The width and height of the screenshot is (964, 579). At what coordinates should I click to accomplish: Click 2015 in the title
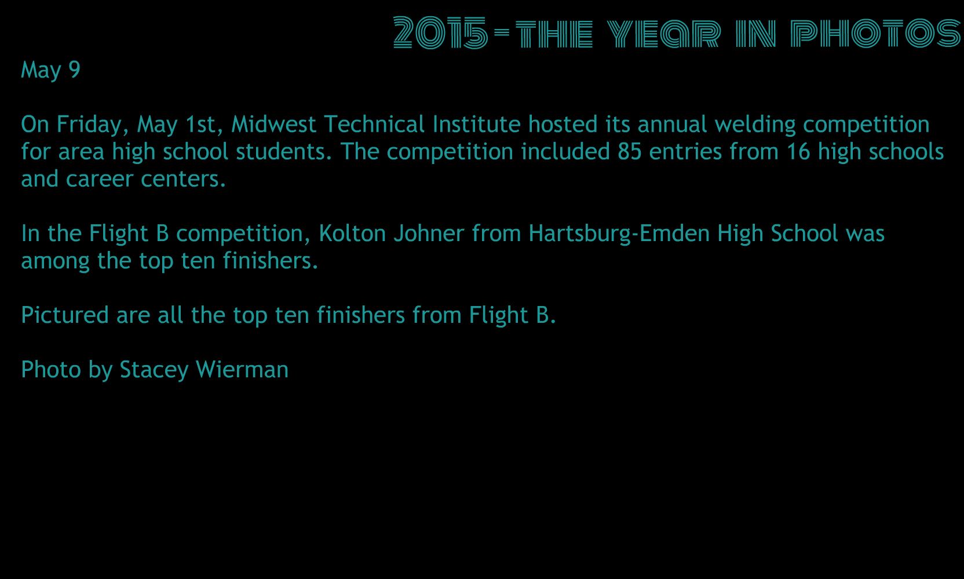(x=440, y=32)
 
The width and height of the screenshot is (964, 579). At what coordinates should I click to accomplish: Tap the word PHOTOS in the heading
(x=875, y=32)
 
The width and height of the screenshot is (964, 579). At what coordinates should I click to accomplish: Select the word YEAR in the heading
(x=663, y=33)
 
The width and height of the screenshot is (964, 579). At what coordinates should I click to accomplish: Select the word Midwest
(x=273, y=125)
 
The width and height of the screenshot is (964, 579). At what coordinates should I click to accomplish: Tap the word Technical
(x=374, y=125)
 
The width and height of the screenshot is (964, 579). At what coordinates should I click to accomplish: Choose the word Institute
(x=476, y=125)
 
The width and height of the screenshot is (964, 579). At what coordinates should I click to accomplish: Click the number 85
(x=630, y=152)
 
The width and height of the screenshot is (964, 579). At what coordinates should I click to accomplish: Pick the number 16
(x=798, y=152)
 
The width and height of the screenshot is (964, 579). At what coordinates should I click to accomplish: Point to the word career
(x=100, y=180)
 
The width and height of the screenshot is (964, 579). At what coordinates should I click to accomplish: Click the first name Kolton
(x=352, y=234)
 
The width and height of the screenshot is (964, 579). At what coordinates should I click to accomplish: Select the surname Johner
(x=429, y=234)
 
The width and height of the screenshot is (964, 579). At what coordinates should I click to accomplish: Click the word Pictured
(x=65, y=315)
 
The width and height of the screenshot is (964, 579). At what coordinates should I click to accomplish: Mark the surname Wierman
(x=242, y=370)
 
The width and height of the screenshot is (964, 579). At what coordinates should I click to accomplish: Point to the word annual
(x=672, y=125)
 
